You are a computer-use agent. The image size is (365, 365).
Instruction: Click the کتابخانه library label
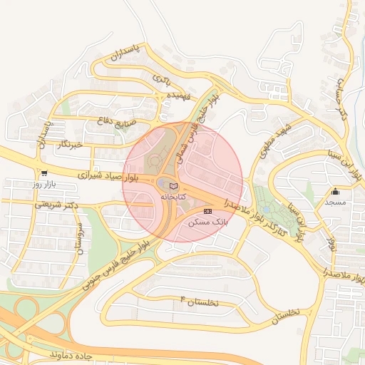pos(174,195)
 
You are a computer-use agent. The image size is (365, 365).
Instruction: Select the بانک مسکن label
pos(207,222)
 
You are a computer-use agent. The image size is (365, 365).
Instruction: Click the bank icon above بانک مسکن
pos(207,212)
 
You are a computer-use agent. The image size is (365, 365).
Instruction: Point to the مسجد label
pos(335,202)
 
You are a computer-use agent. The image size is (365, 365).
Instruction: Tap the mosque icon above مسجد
pos(336,191)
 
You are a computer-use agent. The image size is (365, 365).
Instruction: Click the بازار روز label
pos(44,184)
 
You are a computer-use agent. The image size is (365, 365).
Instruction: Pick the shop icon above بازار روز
pos(44,173)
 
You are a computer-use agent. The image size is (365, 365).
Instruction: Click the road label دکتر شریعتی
pos(54,205)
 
